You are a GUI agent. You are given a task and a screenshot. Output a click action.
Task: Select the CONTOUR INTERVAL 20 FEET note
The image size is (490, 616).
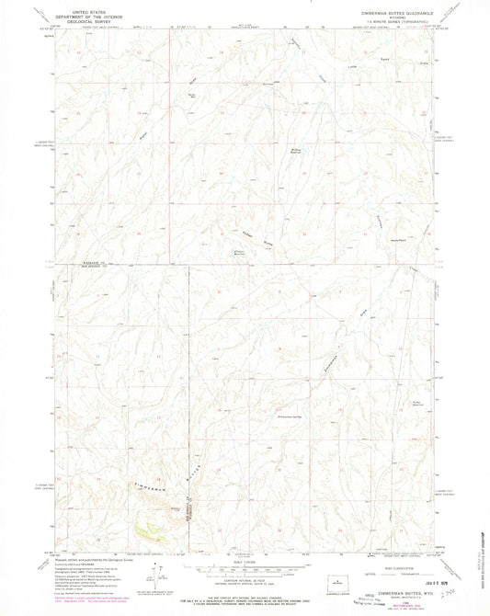point(245,576)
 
